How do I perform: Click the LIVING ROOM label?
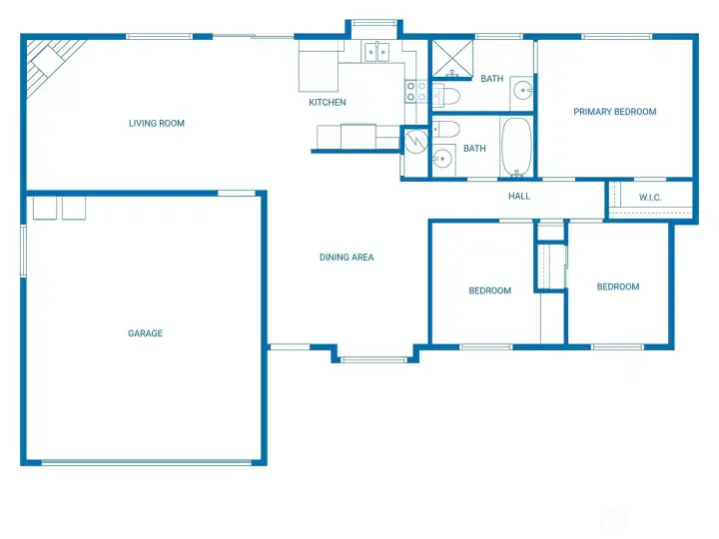tap(157, 124)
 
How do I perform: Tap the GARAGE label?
tap(145, 333)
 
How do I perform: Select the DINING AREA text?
tap(347, 258)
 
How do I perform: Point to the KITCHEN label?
tap(328, 102)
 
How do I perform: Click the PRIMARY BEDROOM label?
tap(615, 112)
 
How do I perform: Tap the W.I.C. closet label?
tap(650, 198)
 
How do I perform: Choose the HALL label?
tap(519, 197)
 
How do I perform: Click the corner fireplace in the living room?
tap(51, 63)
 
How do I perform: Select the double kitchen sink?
tap(376, 52)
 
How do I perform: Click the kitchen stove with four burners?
tap(415, 91)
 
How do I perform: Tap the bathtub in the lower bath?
tap(516, 147)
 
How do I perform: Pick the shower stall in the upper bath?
tap(452, 58)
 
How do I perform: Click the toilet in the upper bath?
tap(446, 96)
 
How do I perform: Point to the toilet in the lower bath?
tap(446, 129)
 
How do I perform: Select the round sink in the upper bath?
tap(522, 90)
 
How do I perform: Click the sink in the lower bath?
tap(443, 159)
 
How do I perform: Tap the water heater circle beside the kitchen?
tap(416, 141)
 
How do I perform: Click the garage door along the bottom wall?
tap(147, 462)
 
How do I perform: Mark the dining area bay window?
tap(373, 359)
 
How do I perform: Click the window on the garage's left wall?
tap(23, 251)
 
